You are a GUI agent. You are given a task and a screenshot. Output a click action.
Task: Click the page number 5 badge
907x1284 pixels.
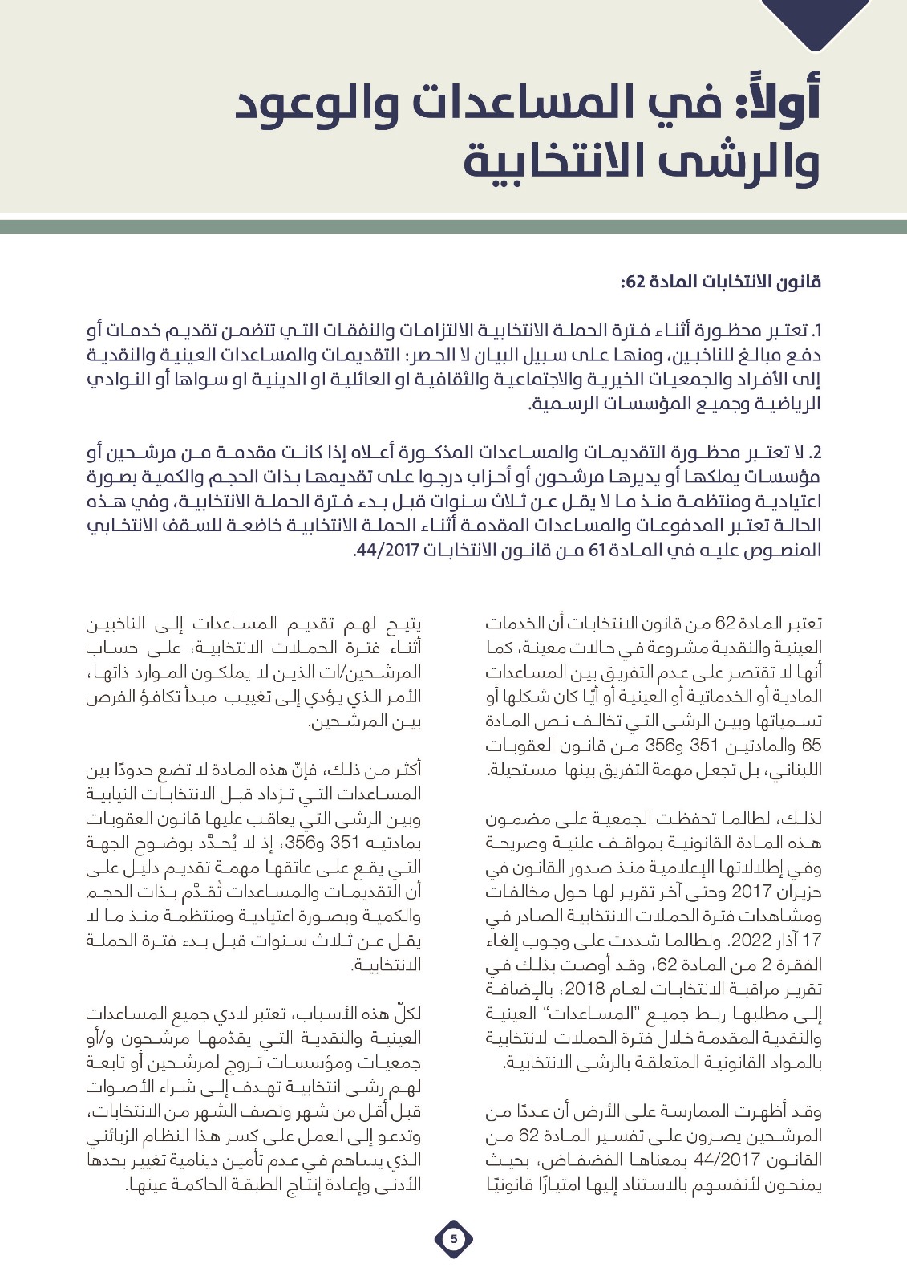(453, 1239)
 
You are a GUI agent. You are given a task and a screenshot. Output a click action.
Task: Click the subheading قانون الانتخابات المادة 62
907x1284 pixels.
(719, 282)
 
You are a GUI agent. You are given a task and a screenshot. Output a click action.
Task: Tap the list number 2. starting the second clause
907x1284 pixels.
(816, 454)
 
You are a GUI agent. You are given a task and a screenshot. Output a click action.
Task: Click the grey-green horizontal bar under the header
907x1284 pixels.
(453, 226)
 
